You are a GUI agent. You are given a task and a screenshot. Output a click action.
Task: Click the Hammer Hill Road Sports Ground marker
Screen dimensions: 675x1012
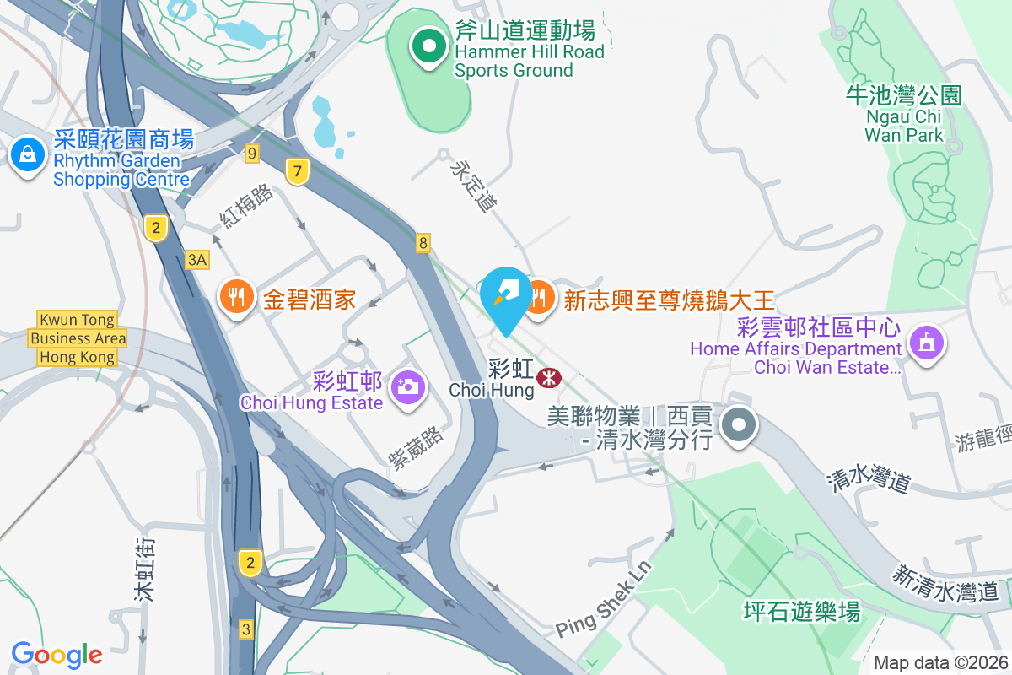pyautogui.click(x=429, y=46)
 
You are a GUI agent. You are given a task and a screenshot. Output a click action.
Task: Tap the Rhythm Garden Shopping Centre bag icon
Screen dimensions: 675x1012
pyautogui.click(x=28, y=155)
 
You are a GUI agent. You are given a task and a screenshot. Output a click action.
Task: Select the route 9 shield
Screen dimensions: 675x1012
pyautogui.click(x=251, y=153)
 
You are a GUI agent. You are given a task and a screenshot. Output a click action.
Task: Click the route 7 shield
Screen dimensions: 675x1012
pyautogui.click(x=295, y=171)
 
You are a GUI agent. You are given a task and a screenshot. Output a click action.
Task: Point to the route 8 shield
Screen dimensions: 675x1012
pyautogui.click(x=423, y=243)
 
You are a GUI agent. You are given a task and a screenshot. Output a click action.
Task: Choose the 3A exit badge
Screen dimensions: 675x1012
pyautogui.click(x=197, y=259)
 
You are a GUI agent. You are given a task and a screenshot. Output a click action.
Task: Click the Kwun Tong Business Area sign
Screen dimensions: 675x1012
pyautogui.click(x=78, y=338)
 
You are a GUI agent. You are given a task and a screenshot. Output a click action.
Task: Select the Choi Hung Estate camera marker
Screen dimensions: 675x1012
pyautogui.click(x=408, y=387)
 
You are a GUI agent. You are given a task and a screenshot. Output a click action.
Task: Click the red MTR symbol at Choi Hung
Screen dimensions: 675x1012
pyautogui.click(x=549, y=377)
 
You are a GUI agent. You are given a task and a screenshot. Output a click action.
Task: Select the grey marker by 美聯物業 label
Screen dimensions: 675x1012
pyautogui.click(x=740, y=424)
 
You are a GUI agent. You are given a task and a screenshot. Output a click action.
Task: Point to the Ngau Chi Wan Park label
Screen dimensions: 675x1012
pyautogui.click(x=904, y=115)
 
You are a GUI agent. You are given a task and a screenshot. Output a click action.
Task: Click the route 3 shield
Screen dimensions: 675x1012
pyautogui.click(x=246, y=629)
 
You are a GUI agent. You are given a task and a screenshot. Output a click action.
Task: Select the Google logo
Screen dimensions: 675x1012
pyautogui.click(x=57, y=654)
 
